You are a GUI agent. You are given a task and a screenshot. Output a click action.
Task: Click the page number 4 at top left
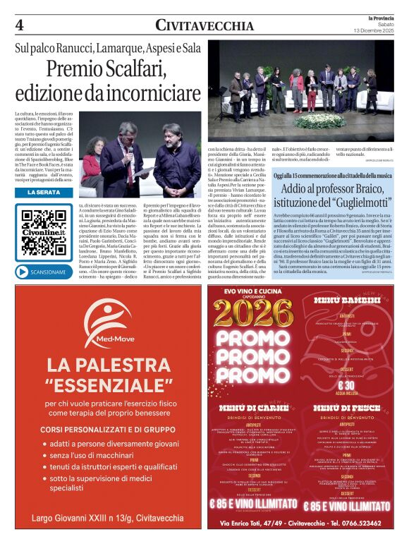tap(19, 25)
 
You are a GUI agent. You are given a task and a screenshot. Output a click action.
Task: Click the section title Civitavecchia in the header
tap(204, 25)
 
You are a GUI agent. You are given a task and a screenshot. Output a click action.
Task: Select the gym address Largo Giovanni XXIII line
tap(111, 519)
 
